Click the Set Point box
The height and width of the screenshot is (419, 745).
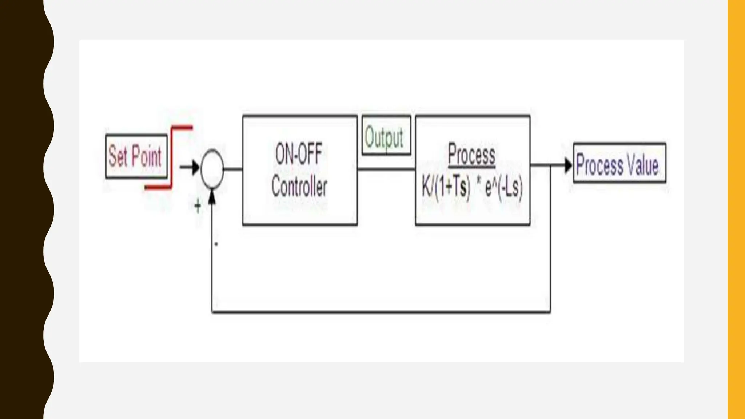click(x=136, y=156)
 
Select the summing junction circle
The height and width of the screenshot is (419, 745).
click(x=212, y=169)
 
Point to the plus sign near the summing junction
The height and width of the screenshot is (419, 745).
click(x=198, y=207)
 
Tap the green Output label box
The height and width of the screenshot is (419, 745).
click(x=386, y=135)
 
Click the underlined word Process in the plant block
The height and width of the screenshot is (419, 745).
click(x=471, y=155)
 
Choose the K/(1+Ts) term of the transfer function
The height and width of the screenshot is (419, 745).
click(x=446, y=188)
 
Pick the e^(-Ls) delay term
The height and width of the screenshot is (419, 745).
click(x=504, y=188)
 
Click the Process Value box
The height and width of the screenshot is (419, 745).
click(x=619, y=163)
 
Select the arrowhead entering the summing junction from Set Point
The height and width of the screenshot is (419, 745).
click(x=196, y=168)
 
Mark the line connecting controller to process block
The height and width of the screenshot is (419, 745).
click(x=386, y=169)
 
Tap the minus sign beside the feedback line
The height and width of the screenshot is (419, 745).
click(x=216, y=244)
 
